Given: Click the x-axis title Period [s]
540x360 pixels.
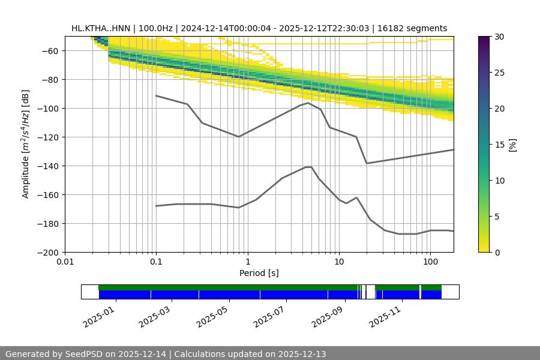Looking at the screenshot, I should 259,273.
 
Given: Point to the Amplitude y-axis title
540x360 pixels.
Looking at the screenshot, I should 26,144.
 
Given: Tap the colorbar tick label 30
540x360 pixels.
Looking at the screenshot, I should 499,37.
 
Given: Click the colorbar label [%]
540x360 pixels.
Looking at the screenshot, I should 512,145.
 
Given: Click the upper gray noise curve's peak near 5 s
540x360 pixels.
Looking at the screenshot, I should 308,103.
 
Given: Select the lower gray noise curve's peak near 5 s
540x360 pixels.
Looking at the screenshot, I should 308,167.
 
